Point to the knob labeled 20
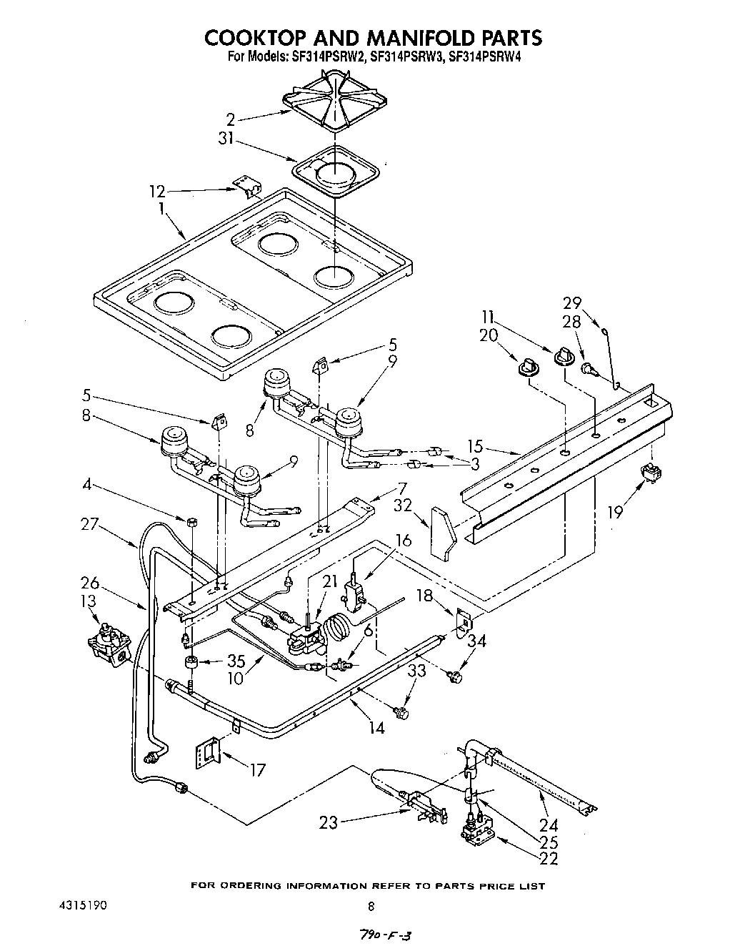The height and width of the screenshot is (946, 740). (529, 367)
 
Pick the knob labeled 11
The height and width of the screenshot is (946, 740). (564, 355)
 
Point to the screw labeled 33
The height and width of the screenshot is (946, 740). (401, 711)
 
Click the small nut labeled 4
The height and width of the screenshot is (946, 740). (191, 523)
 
